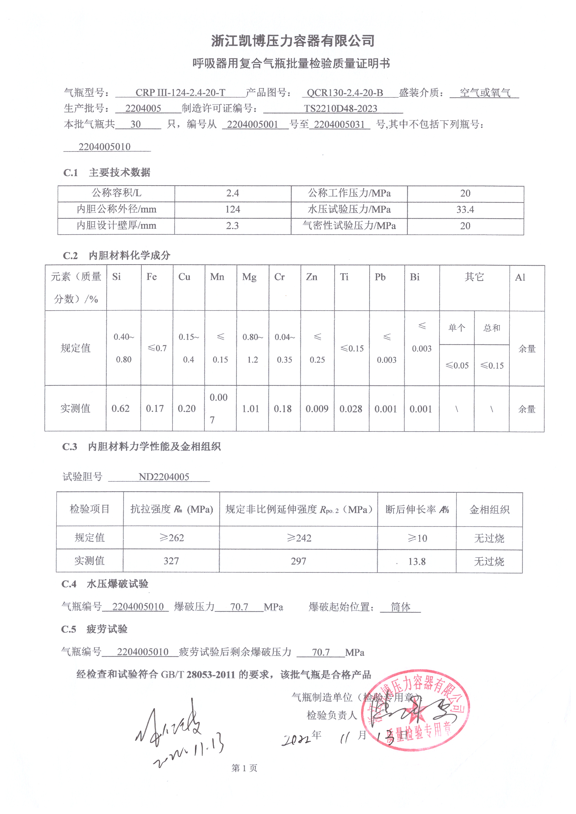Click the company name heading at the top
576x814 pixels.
click(x=293, y=41)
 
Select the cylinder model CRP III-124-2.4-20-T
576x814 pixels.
click(x=180, y=93)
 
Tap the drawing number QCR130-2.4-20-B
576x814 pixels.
click(x=345, y=93)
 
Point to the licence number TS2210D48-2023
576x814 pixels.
click(x=340, y=109)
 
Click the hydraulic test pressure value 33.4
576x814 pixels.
click(x=465, y=210)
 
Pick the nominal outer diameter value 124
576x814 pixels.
click(x=232, y=210)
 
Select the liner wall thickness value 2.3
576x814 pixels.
click(x=232, y=226)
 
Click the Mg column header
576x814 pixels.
click(x=249, y=277)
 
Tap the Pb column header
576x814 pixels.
click(x=380, y=277)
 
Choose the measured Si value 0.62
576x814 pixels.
click(x=120, y=409)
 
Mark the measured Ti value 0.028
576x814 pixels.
click(x=351, y=409)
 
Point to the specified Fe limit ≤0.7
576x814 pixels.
click(x=157, y=349)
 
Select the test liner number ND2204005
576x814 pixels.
click(x=164, y=477)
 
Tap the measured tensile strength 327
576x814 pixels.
click(x=171, y=561)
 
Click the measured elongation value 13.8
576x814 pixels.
click(x=417, y=562)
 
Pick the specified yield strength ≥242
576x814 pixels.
click(x=299, y=538)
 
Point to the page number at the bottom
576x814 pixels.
click(x=244, y=768)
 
